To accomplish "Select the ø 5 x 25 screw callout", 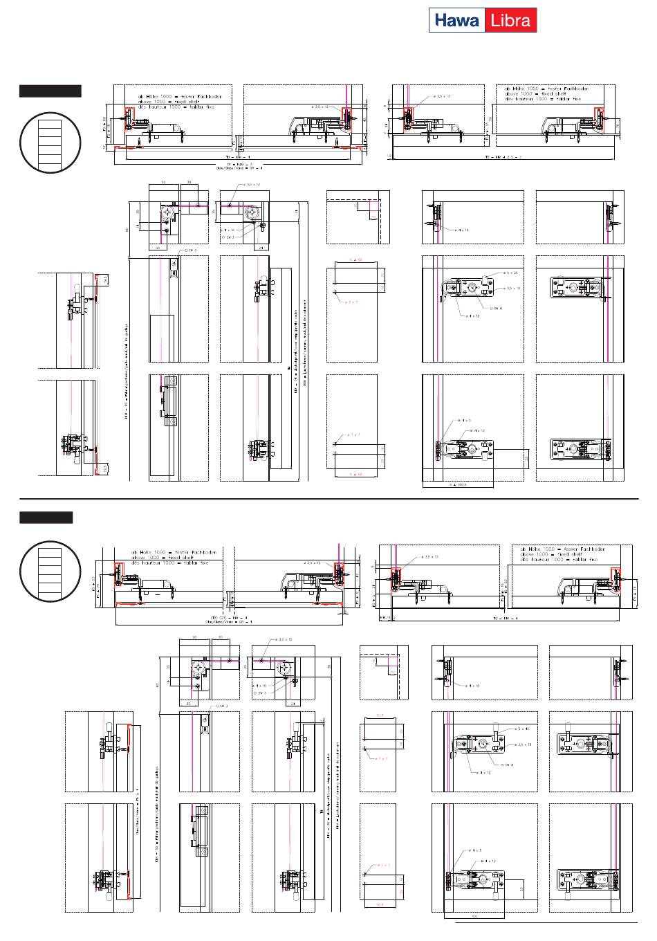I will pos(512,274).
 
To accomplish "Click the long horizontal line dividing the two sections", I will pos(328,497).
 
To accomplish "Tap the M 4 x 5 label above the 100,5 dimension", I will pos(464,420).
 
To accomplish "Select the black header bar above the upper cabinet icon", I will pos(50,91).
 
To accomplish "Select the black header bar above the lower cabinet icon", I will pos(46,518).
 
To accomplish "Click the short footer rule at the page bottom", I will pos(546,923).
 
